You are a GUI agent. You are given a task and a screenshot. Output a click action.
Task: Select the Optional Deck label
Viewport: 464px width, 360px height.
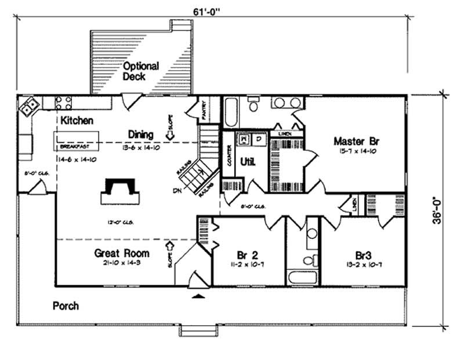pyautogui.click(x=140, y=71)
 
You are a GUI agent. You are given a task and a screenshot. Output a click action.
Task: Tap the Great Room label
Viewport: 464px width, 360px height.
pyautogui.click(x=121, y=253)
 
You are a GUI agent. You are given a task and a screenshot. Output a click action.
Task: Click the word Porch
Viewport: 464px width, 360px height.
pyautogui.click(x=66, y=305)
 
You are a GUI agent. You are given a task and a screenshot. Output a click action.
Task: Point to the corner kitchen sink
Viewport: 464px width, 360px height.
pyautogui.click(x=28, y=106)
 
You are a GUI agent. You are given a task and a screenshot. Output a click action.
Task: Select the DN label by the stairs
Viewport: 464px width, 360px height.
pyautogui.click(x=177, y=191)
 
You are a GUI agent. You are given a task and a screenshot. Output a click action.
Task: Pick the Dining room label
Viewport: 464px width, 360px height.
pyautogui.click(x=140, y=134)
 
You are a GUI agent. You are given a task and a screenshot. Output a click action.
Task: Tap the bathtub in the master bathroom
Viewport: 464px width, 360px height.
pyautogui.click(x=230, y=112)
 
